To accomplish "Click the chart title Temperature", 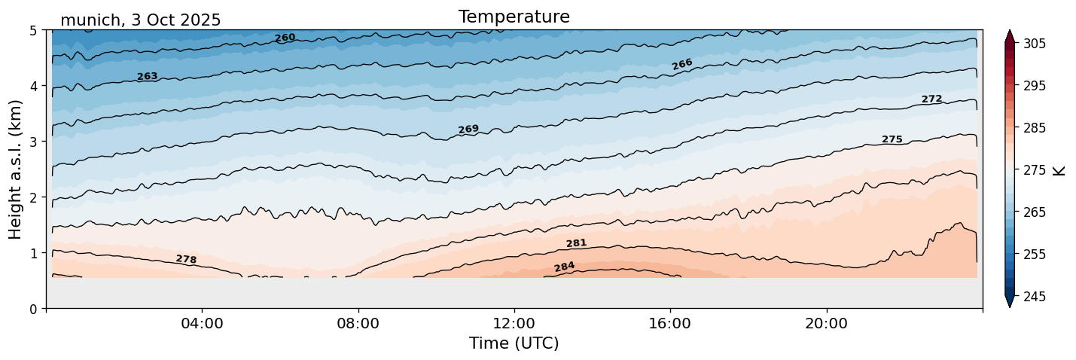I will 514,17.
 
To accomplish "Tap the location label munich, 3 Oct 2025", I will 140,20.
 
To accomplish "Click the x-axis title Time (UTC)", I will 514,343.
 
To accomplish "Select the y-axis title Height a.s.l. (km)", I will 16,169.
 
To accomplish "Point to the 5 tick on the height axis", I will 34,30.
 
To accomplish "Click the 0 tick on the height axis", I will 34,308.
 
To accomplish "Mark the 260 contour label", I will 285,38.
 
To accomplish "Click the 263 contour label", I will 148,76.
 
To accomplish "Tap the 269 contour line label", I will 468,130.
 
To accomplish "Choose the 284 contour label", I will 564,267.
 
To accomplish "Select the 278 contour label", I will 186,259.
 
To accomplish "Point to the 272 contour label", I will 931,99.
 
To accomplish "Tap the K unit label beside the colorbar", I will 1059,170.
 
